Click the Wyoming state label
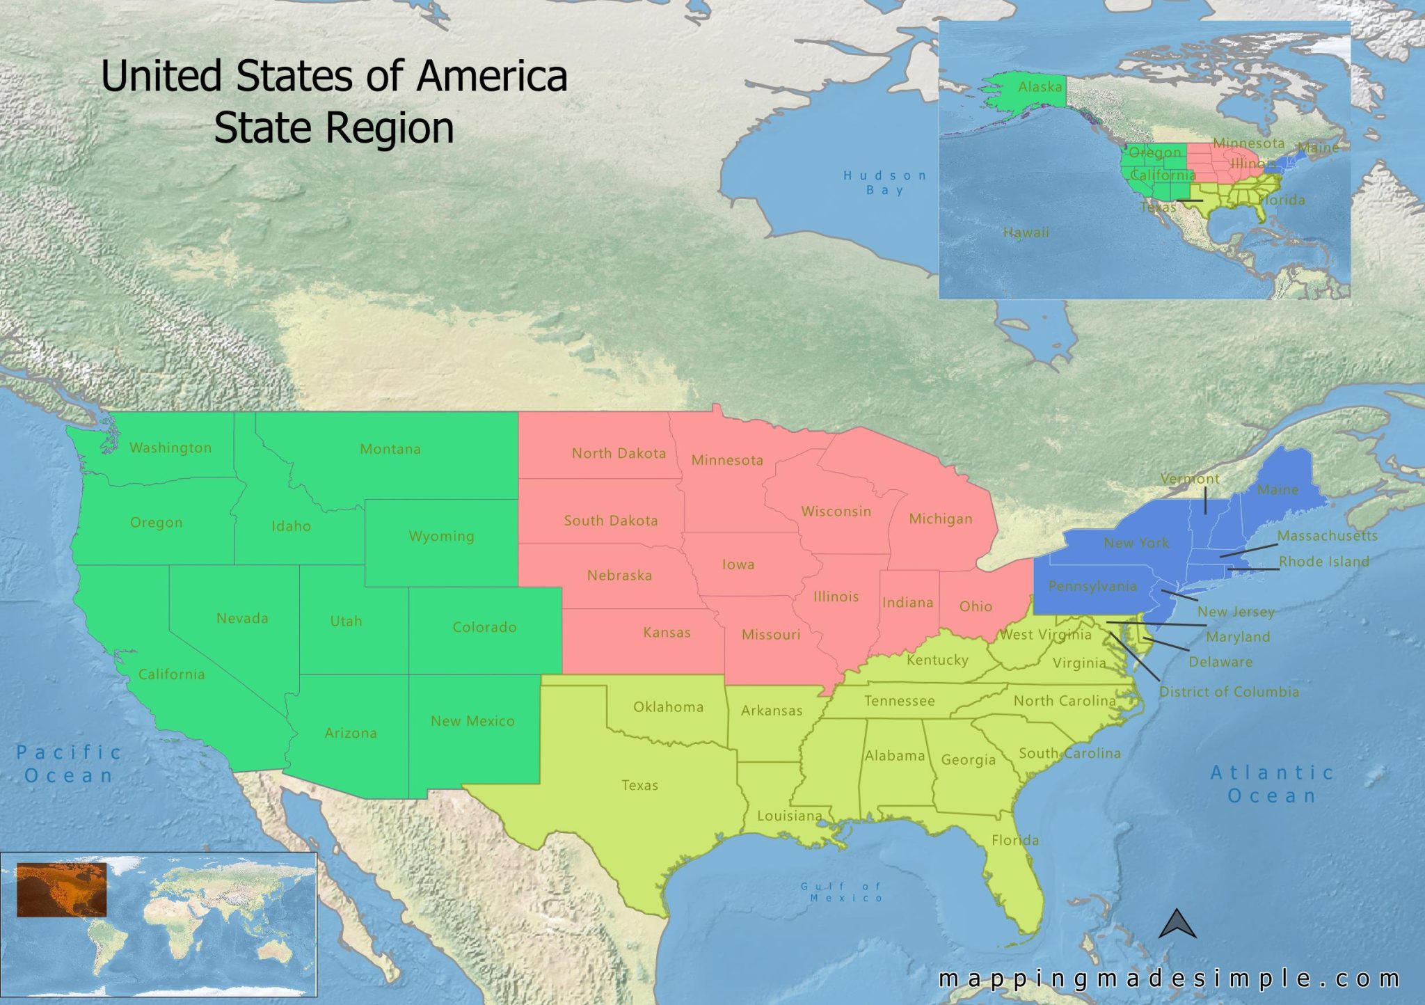tap(441, 537)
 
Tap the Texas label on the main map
tap(639, 786)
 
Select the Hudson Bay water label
tap(884, 183)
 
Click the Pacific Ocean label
tap(68, 763)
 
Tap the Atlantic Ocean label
tap(1272, 784)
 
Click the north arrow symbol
tap(1177, 925)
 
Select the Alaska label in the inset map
tap(1040, 87)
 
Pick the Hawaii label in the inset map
tap(1026, 232)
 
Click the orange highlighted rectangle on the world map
tap(61, 889)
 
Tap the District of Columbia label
tap(1229, 692)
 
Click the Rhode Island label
tap(1323, 562)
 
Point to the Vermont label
tap(1190, 479)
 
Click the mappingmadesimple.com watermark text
tap(1168, 979)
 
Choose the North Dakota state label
tap(619, 454)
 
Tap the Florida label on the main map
tap(1014, 841)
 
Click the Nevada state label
tap(242, 619)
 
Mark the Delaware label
tap(1220, 662)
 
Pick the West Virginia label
tap(1045, 635)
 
